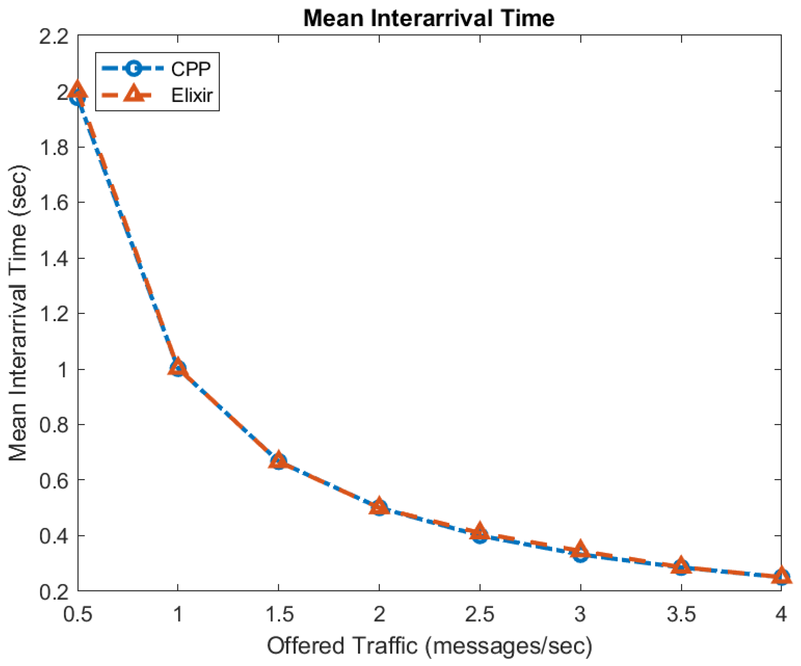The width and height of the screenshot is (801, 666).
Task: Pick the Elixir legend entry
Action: pyautogui.click(x=191, y=95)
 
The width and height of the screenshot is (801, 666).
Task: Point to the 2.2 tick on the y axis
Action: pyautogui.click(x=54, y=37)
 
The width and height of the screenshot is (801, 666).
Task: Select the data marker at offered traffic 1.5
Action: pyautogui.click(x=278, y=461)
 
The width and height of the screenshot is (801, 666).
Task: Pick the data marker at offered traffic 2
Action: pyautogui.click(x=379, y=508)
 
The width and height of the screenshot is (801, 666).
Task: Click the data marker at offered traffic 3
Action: pyautogui.click(x=580, y=552)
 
